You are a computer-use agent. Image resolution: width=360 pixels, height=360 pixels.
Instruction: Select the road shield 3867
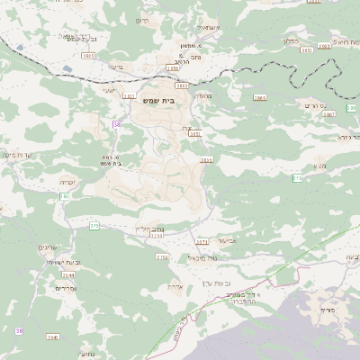(328, 115)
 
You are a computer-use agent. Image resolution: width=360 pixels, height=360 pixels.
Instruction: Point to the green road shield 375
(94, 226)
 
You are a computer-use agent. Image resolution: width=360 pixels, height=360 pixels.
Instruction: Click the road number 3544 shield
(67, 274)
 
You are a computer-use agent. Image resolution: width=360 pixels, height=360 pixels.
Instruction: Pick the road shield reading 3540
(52, 337)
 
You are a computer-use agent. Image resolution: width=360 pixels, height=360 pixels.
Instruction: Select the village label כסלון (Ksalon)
(289, 41)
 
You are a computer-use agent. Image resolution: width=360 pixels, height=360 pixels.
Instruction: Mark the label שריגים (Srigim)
(48, 247)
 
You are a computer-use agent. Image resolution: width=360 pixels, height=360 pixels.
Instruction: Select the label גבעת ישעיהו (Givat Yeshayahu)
(64, 262)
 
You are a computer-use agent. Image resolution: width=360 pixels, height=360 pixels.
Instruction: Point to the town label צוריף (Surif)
(326, 310)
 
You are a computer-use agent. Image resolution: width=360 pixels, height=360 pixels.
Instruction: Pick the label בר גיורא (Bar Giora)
(349, 137)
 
